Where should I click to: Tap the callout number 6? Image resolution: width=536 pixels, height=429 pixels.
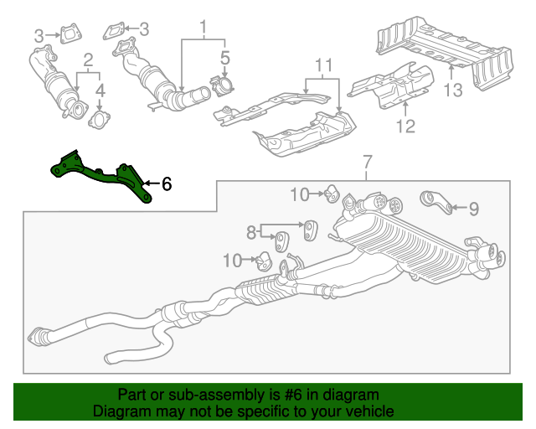point(166,183)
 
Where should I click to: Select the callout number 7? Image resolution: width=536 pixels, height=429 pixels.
point(366,161)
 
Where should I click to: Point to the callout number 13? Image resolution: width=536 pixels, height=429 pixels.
point(452,90)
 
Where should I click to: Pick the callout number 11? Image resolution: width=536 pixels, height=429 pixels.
point(324,65)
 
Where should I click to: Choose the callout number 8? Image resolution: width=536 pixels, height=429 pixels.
point(250,230)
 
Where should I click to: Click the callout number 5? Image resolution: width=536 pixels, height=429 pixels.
point(224,58)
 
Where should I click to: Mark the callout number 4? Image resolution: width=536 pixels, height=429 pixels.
point(100,89)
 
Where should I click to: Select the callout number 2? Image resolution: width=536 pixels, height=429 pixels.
point(87,59)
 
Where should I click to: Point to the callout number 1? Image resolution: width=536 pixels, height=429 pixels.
point(202,27)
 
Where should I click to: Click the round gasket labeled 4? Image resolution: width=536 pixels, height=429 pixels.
point(99,122)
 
